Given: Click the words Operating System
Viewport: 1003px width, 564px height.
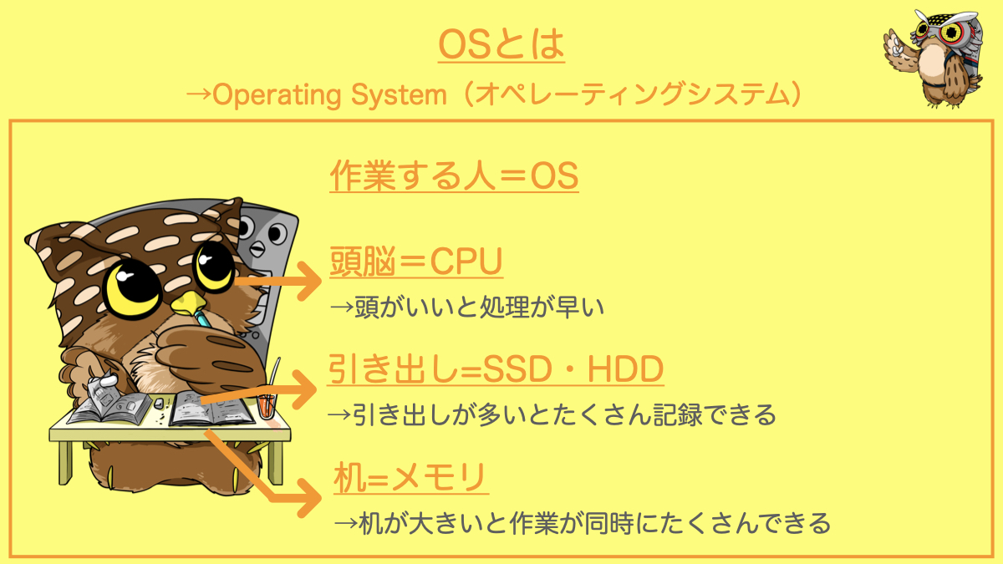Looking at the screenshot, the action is tap(329, 95).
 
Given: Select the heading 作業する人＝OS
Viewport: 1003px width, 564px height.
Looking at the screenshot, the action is tap(454, 175).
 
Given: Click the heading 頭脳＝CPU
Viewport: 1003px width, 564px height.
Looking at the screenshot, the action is tap(416, 262).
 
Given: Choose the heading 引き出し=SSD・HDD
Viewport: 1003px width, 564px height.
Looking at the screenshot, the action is tap(495, 368).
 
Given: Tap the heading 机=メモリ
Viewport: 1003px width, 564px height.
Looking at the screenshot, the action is tap(410, 478).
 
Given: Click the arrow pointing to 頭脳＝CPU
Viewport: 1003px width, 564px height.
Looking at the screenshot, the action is tap(278, 281).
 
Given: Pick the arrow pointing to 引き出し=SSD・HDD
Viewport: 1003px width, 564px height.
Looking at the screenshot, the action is tap(259, 390).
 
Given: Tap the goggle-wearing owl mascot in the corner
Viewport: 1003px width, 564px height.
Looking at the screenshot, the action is tap(934, 58).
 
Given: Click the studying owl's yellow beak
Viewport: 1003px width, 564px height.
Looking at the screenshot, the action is tap(188, 303).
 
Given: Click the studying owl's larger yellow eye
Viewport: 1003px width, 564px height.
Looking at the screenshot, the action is tap(132, 287).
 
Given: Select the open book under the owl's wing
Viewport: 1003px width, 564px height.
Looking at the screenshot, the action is tap(211, 409).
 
